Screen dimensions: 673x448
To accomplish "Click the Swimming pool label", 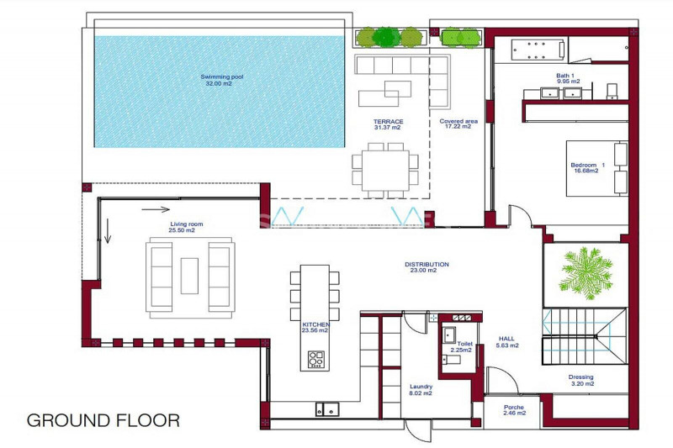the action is [x=221, y=80].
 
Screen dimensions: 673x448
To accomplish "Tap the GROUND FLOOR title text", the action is [x=103, y=420].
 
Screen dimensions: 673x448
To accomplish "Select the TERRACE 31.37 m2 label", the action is [x=388, y=124].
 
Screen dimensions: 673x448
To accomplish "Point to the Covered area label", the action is [x=458, y=124].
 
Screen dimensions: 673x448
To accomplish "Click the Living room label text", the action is [x=186, y=227].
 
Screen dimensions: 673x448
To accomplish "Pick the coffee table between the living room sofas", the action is [x=189, y=276].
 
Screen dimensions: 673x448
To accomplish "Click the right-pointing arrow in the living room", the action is [x=156, y=209].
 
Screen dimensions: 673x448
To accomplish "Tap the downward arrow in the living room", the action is [x=108, y=230].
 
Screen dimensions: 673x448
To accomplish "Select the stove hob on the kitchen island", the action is [x=316, y=359].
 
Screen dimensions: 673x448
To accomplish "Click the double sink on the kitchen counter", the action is [x=327, y=409].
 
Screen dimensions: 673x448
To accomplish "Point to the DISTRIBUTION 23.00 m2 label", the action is [x=427, y=267].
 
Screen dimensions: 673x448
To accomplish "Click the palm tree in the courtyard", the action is [x=586, y=273].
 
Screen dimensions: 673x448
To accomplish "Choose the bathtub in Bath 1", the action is [x=538, y=50].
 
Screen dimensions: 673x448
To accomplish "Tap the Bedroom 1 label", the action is [x=587, y=167].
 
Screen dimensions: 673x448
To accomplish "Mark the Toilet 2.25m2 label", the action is [x=461, y=347].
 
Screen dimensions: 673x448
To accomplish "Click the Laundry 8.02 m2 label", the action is [x=421, y=390].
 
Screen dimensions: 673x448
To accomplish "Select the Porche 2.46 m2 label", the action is [x=514, y=410].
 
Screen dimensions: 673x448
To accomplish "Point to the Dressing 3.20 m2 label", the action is [x=581, y=380].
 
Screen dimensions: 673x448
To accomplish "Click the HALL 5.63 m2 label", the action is [x=507, y=342].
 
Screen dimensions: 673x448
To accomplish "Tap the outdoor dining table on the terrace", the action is [x=385, y=171].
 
